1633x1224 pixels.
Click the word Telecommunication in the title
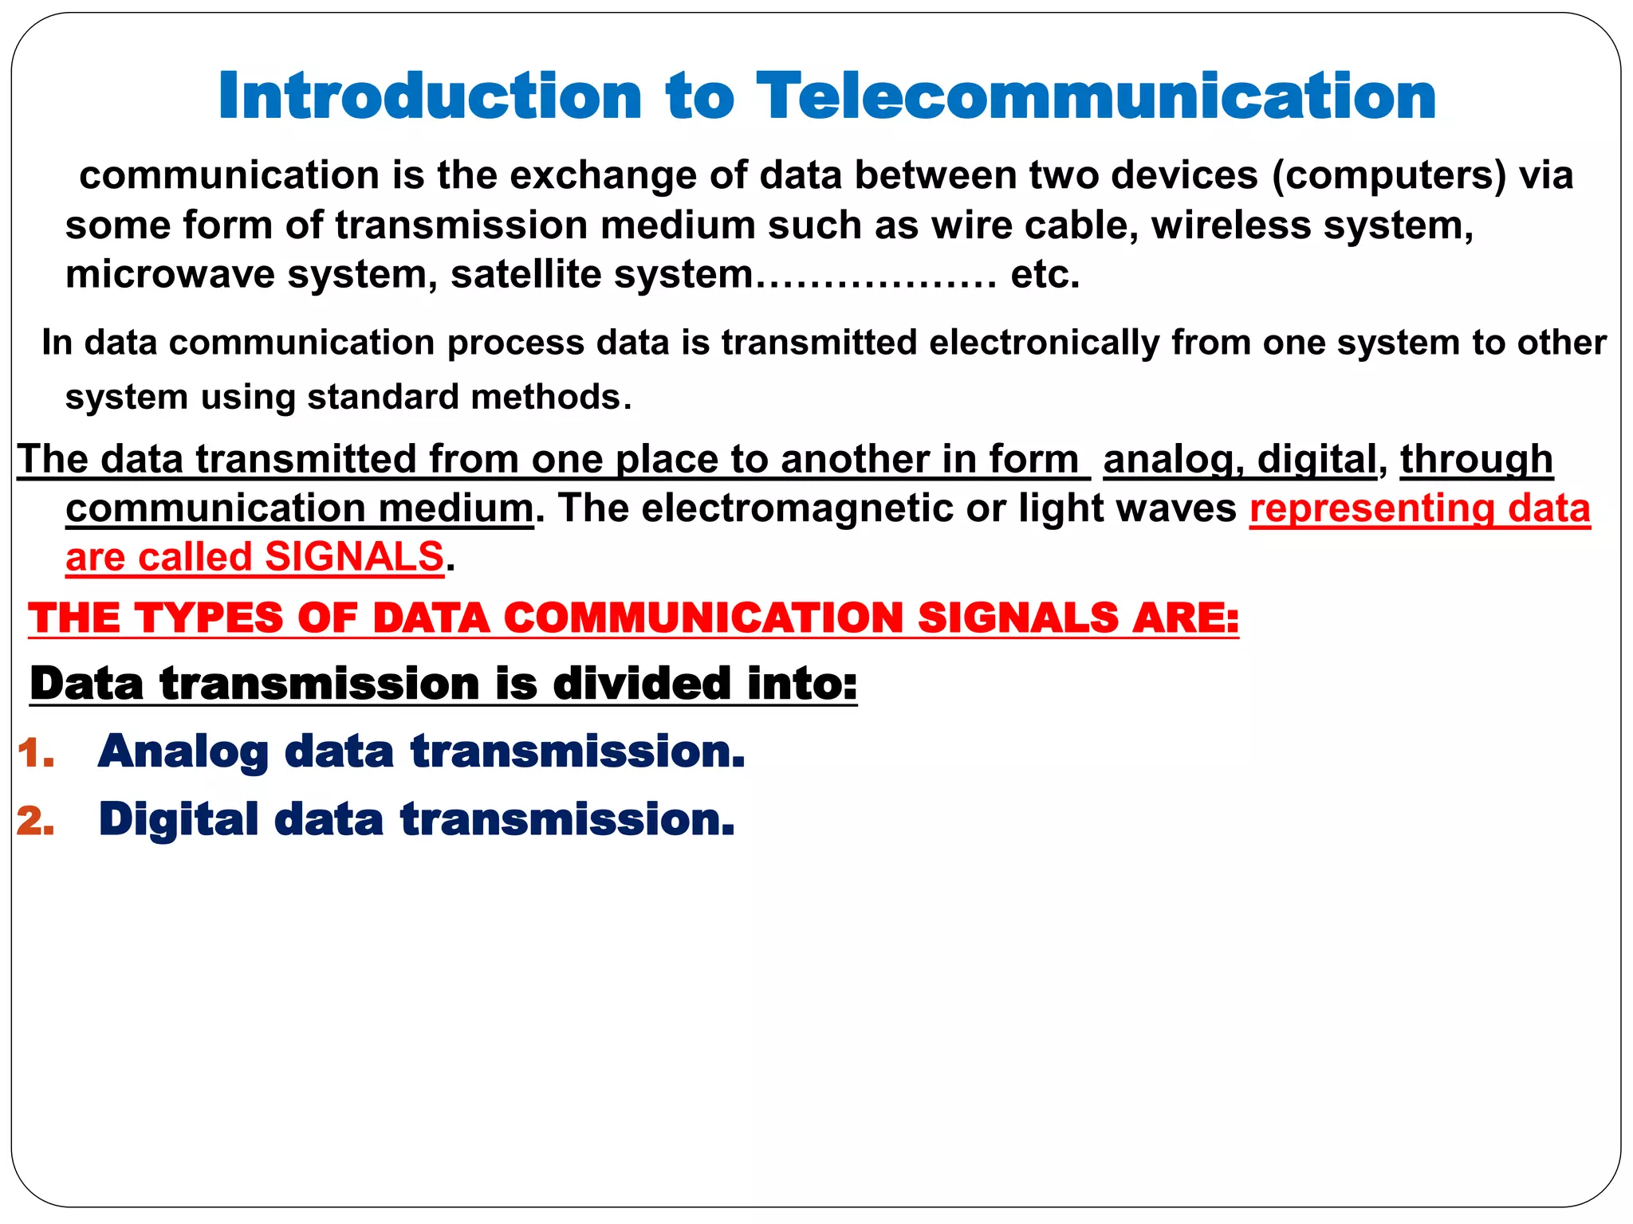click(x=1096, y=96)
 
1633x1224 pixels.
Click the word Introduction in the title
click(x=430, y=96)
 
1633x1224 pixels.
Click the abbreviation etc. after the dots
click(x=1045, y=275)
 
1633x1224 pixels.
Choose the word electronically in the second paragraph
click(x=1045, y=343)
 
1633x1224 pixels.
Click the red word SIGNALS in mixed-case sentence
click(x=353, y=557)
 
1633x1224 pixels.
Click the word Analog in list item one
click(x=183, y=752)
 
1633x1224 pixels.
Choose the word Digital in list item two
click(x=179, y=820)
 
